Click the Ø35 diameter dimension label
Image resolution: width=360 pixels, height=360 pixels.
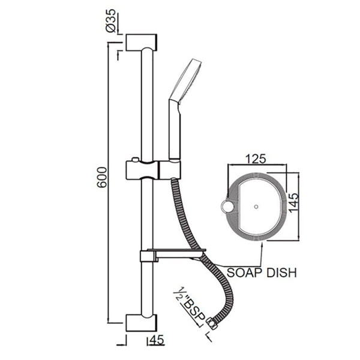coord(112,23)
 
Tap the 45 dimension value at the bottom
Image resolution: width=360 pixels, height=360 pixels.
coord(157,340)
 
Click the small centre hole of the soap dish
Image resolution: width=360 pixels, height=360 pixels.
coord(256,208)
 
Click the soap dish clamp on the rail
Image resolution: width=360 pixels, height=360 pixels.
coord(145,256)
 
